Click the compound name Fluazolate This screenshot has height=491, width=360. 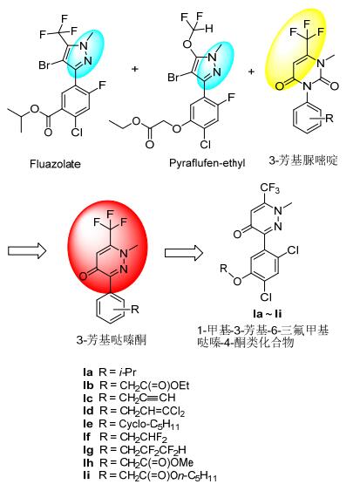pyautogui.click(x=55, y=164)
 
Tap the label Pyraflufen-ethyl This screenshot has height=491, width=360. pyautogui.click(x=207, y=163)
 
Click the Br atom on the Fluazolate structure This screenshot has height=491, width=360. pyautogui.click(x=44, y=65)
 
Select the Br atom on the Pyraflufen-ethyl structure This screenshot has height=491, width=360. pyautogui.click(x=173, y=77)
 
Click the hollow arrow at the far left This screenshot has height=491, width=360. pyautogui.click(x=27, y=251)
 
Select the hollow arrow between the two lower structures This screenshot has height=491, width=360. pyautogui.click(x=184, y=252)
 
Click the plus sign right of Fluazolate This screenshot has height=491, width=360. pyautogui.click(x=135, y=69)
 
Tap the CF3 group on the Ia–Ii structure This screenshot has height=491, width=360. pyautogui.click(x=269, y=188)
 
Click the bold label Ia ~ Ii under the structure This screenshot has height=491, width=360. pyautogui.click(x=267, y=314)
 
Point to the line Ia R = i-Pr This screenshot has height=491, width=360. pyautogui.click(x=110, y=372)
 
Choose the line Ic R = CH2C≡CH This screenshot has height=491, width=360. pyautogui.click(x=129, y=398)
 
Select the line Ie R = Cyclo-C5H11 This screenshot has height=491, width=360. pyautogui.click(x=131, y=424)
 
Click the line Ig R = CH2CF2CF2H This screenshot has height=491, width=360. pyautogui.click(x=134, y=450)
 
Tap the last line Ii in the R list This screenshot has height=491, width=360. pyautogui.click(x=150, y=475)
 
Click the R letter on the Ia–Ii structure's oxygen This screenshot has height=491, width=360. pyautogui.click(x=223, y=269)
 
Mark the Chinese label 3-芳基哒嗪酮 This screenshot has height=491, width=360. pyautogui.click(x=112, y=340)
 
